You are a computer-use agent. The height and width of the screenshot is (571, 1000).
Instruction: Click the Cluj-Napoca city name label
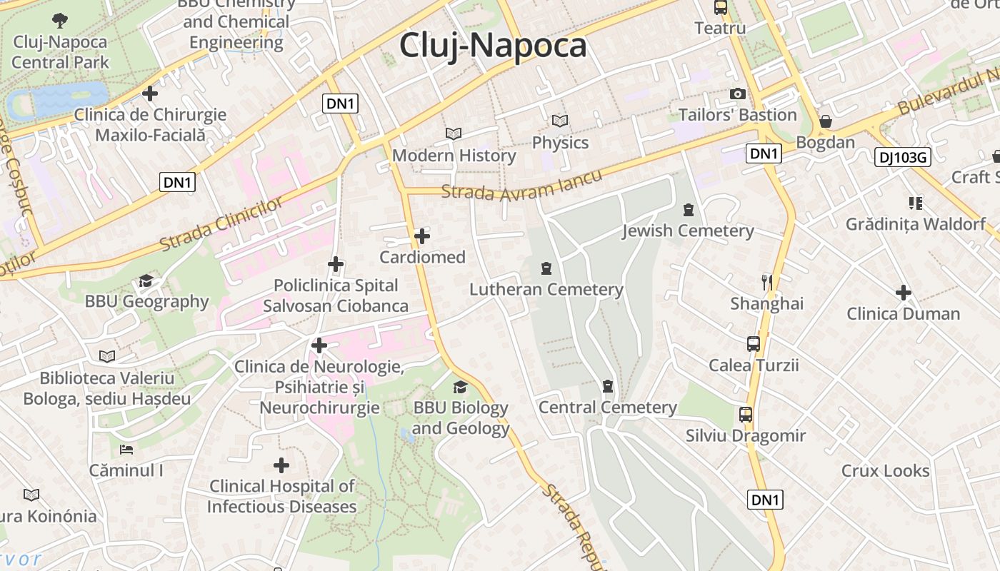[x=493, y=46]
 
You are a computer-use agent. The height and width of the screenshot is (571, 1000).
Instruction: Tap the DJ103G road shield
[x=903, y=157]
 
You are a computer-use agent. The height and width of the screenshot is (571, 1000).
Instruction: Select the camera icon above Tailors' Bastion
[x=738, y=94]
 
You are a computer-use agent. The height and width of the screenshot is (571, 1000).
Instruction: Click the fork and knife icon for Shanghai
[x=767, y=282]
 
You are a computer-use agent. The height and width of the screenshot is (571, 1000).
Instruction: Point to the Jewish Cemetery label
[x=688, y=231]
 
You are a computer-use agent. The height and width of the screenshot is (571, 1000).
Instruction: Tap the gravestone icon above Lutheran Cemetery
[x=546, y=268]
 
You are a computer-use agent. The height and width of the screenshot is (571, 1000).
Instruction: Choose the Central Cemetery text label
[x=607, y=408]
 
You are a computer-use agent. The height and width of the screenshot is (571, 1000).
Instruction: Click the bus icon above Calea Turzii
[x=754, y=344]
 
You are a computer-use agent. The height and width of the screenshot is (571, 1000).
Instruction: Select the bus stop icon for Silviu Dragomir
[x=746, y=414]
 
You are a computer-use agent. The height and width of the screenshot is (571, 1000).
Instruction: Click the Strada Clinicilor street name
[x=221, y=224]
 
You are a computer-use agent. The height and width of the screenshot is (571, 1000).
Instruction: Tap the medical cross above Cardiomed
[x=422, y=236]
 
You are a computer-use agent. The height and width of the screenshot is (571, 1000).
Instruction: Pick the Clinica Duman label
[x=903, y=314]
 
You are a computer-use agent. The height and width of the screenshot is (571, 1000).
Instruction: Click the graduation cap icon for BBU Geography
[x=146, y=281]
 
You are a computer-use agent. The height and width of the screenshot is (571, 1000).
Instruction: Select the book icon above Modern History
[x=454, y=133]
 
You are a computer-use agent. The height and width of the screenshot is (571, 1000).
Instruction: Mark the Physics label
[x=560, y=143]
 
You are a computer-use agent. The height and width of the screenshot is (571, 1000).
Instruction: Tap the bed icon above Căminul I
[x=126, y=450]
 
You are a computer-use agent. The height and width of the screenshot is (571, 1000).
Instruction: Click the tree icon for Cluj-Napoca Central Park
[x=60, y=21]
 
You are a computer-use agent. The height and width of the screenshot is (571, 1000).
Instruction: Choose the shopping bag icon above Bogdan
[x=826, y=121]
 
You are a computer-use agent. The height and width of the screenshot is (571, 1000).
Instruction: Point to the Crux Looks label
[x=885, y=471]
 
